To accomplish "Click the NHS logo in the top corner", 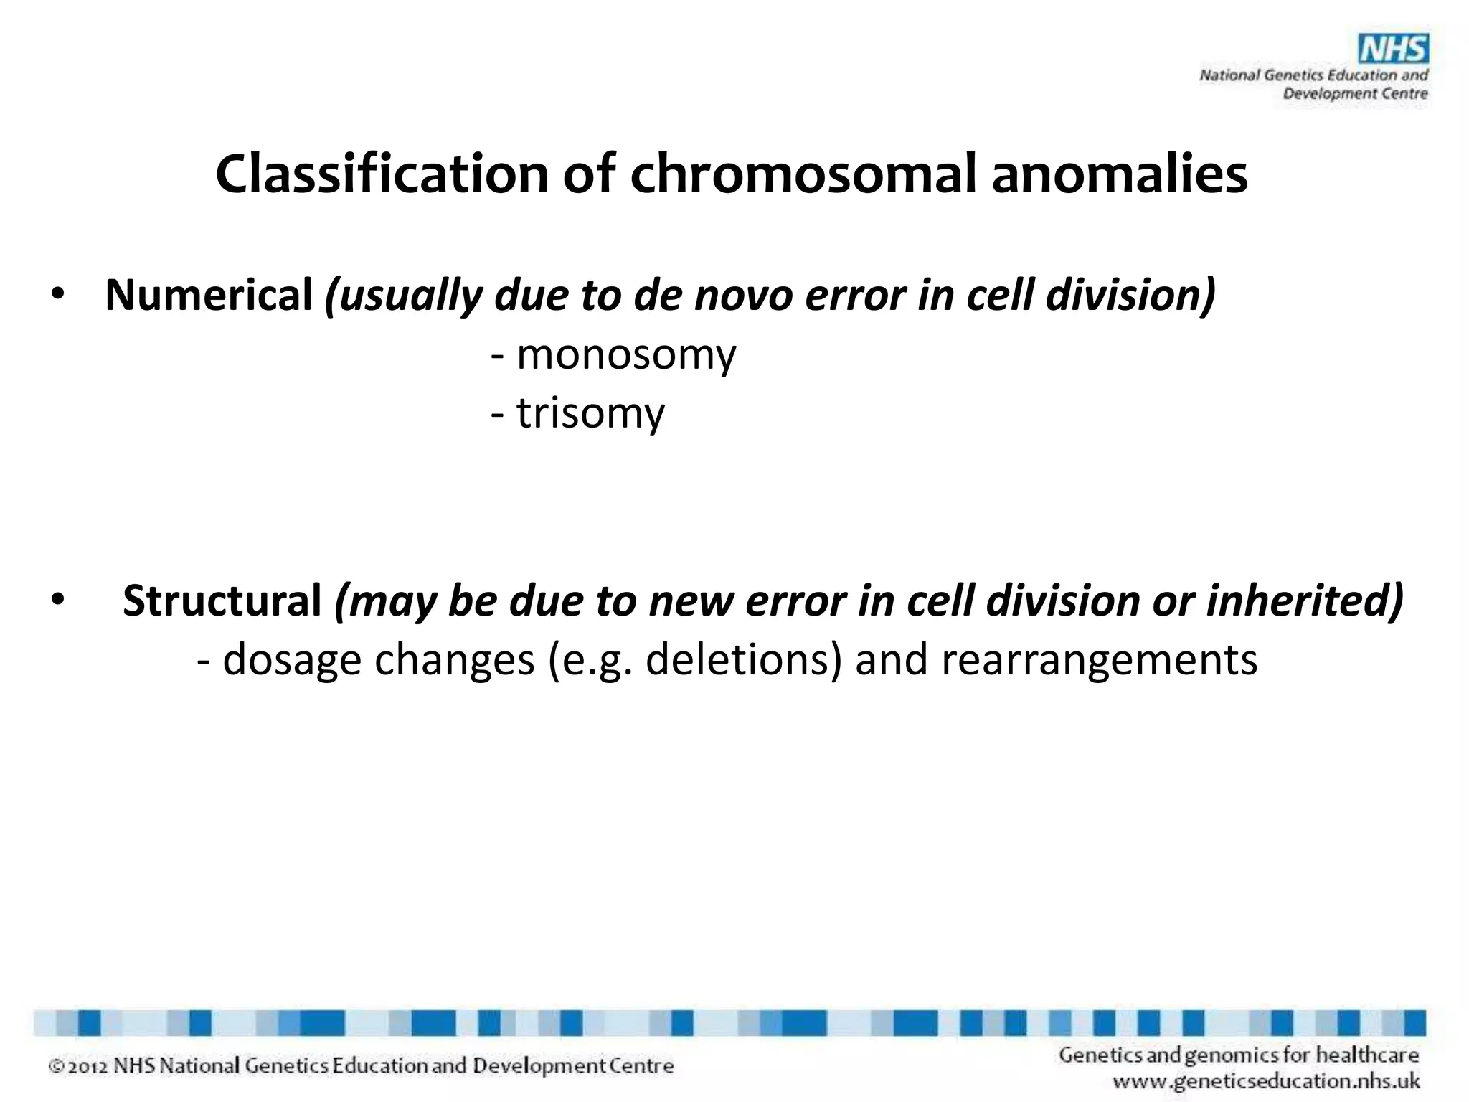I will (1394, 50).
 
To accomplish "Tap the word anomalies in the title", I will (1120, 174).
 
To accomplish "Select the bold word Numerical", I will (209, 295).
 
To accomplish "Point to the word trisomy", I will (590, 413).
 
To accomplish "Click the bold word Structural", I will (222, 601).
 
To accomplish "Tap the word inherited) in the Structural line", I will (1305, 601).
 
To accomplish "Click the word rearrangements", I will (1099, 659).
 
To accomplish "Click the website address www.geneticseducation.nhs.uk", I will (1266, 1080).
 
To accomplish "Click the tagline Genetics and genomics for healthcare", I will (1239, 1055).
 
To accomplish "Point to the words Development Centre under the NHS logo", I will (1355, 93).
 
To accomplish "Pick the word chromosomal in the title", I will (804, 174).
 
